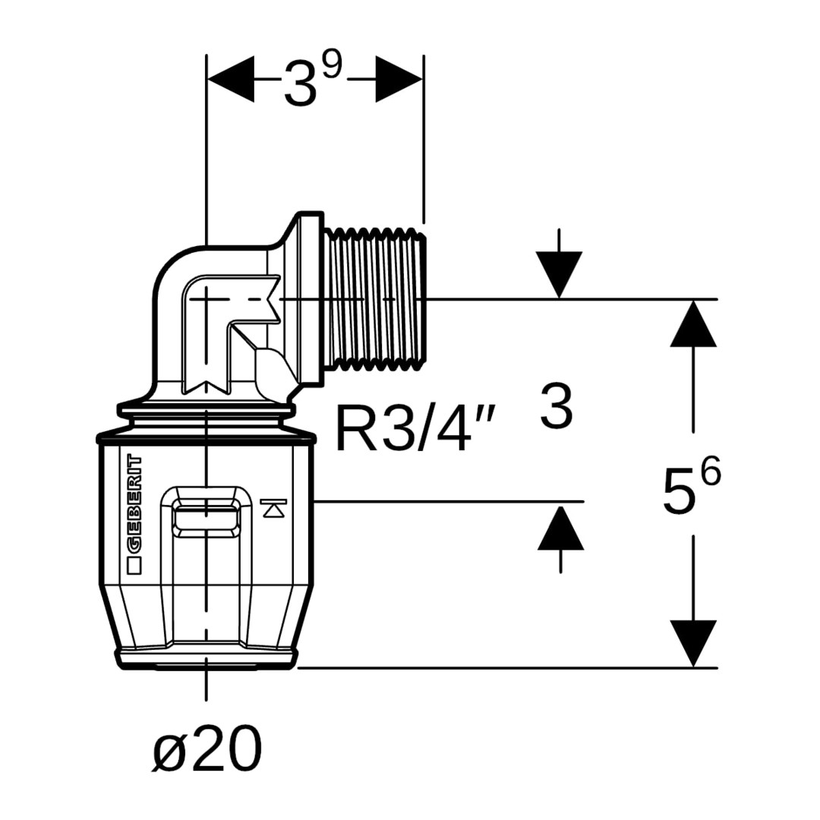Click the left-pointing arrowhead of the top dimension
tap(231, 79)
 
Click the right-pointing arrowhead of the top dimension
tap(399, 79)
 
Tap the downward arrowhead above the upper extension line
tap(560, 275)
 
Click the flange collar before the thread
tap(310, 300)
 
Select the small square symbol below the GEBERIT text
tap(134, 564)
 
